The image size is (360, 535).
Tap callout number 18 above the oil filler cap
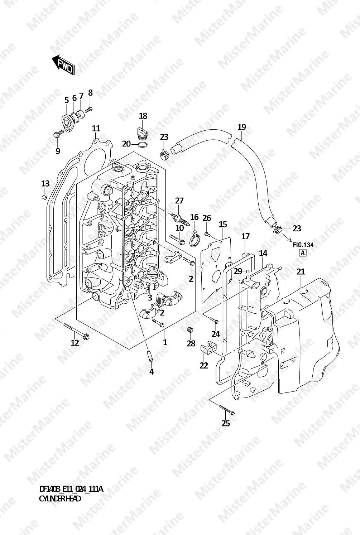143,116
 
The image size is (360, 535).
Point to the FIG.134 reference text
303,245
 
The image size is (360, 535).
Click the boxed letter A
303,253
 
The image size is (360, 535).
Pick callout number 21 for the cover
301,271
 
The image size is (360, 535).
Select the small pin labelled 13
44,197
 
